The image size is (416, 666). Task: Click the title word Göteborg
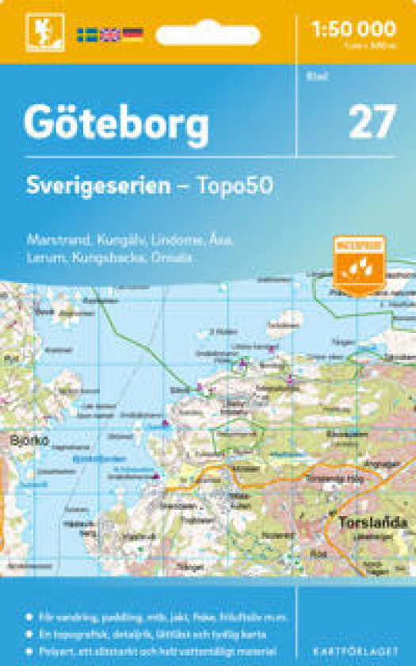pyautogui.click(x=116, y=123)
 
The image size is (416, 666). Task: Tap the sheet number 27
pyautogui.click(x=372, y=123)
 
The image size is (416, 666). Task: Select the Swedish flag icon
pyautogui.click(x=86, y=34)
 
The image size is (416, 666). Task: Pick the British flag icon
pyautogui.click(x=109, y=34)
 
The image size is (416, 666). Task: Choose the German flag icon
pyautogui.click(x=132, y=34)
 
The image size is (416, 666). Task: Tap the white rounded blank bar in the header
pyautogui.click(x=208, y=35)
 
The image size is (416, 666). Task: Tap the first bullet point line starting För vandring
pyautogui.click(x=151, y=617)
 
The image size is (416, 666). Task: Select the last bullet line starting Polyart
pyautogui.click(x=151, y=650)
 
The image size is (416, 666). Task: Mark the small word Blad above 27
pyautogui.click(x=311, y=77)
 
